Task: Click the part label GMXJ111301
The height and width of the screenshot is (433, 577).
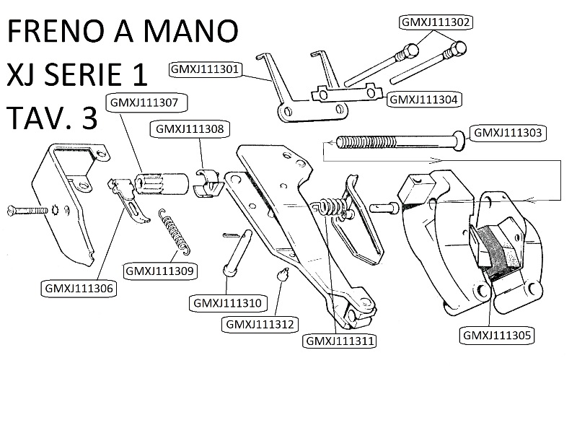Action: [205, 70]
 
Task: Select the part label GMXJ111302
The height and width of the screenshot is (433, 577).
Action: [435, 22]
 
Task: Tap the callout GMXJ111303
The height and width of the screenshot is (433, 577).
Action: [506, 133]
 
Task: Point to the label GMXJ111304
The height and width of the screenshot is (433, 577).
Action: [424, 100]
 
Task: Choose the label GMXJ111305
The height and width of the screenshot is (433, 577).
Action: [497, 334]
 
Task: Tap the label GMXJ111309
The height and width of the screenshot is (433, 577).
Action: [161, 271]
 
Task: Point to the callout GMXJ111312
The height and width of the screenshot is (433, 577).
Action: [259, 324]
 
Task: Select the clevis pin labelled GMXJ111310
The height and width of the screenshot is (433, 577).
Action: [237, 253]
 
